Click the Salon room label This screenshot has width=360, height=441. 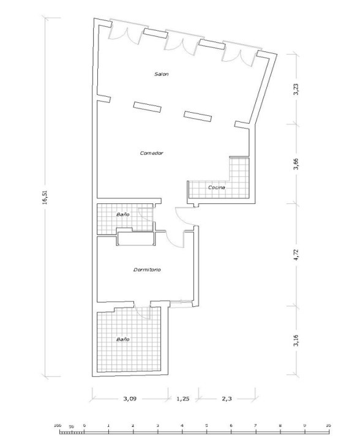coord(161,74)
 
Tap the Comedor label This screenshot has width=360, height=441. coord(151,153)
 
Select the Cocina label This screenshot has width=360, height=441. coord(216,187)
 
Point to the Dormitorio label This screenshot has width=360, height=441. coord(147,269)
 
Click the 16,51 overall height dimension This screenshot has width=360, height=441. coord(45,197)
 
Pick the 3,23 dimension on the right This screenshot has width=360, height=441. coord(296,89)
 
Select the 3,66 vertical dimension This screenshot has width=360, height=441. coord(296,164)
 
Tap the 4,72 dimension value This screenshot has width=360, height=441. coord(296,255)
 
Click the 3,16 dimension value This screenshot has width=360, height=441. coord(296,341)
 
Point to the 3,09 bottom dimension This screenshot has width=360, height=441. coord(130,399)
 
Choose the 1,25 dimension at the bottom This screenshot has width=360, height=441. coord(182,399)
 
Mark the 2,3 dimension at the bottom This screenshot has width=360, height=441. coord(227,399)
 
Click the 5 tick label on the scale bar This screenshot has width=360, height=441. coord(206,426)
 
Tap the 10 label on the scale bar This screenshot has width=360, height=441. coord(328,426)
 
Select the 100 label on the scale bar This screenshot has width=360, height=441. coord(58,426)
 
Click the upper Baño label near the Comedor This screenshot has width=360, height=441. coord(123,214)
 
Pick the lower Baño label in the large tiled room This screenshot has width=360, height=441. coord(123,339)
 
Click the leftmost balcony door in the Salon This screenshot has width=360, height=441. coord(126,33)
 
